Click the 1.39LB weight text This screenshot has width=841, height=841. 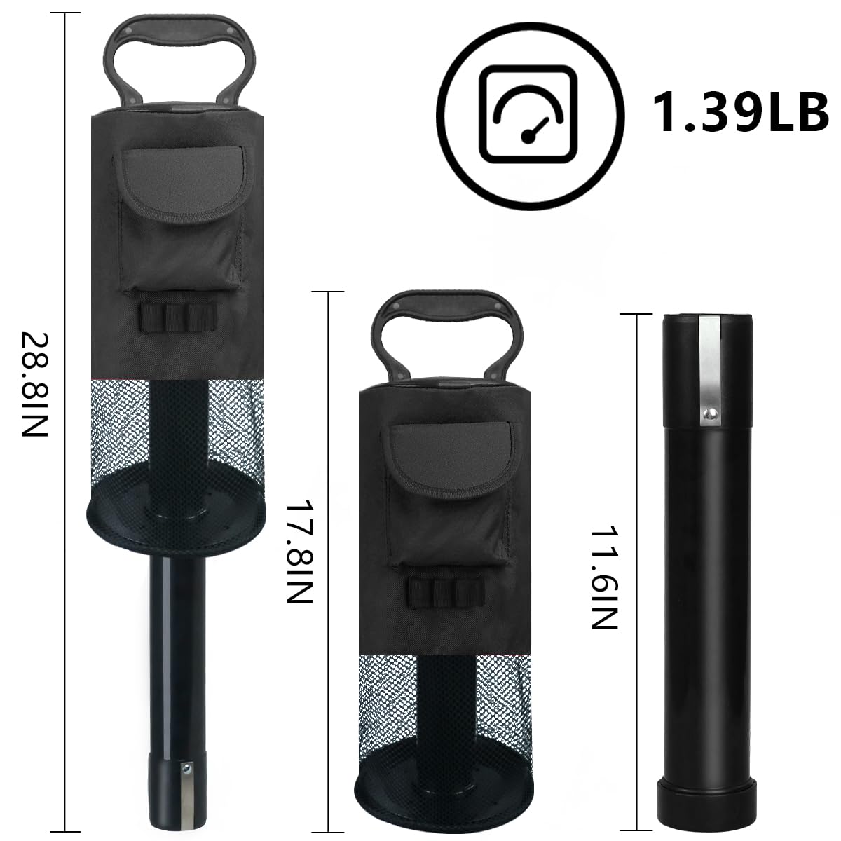pos(740,113)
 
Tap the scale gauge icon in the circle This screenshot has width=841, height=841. pos(528,114)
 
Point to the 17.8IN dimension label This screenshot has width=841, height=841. pos(300,552)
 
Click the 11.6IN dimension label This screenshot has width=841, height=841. pos(604,578)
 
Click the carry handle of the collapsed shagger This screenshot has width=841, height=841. pos(446,306)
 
